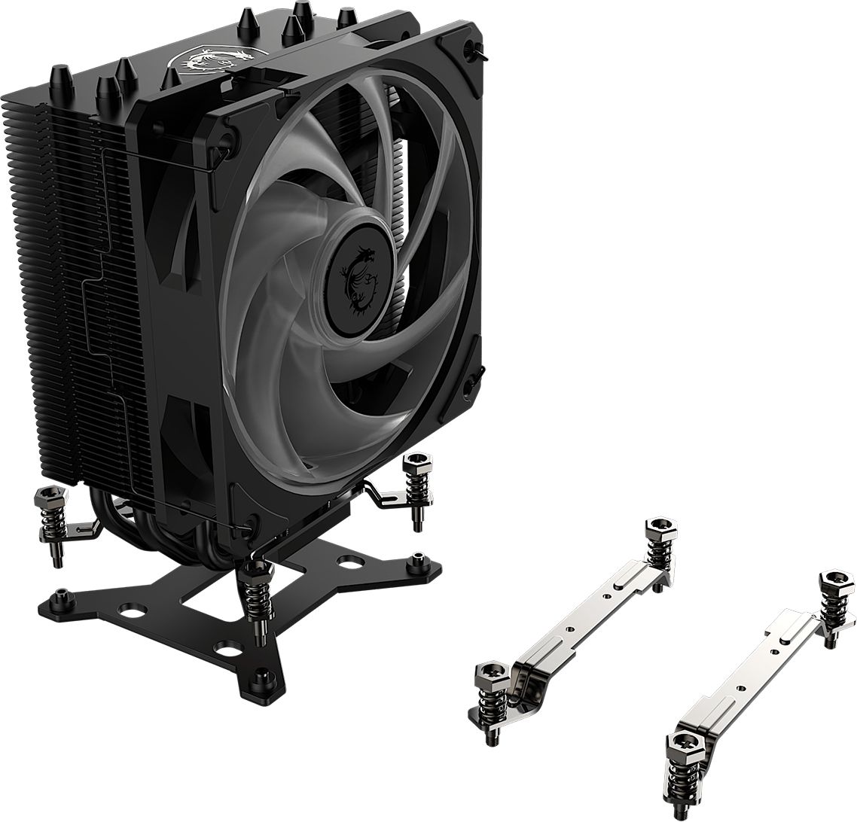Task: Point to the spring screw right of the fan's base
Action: [415, 486]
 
